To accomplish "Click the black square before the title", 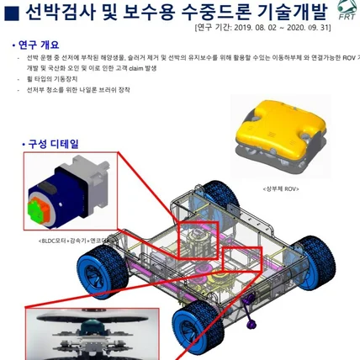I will pyautogui.click(x=12, y=12).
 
